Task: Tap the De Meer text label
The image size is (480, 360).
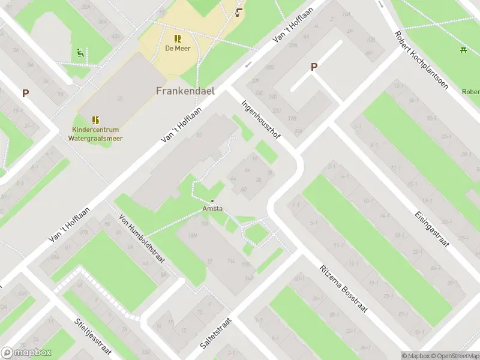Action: coord(178,49)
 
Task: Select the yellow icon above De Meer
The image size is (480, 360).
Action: coord(178,38)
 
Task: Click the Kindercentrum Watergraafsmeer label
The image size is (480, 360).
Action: coord(95,133)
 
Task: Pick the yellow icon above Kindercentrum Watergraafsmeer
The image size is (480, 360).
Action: coord(95,120)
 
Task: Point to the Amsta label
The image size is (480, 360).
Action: coord(212,208)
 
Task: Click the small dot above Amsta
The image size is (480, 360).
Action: coord(212,201)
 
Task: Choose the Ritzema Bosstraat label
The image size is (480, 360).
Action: coord(340,281)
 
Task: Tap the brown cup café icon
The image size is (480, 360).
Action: coord(239,12)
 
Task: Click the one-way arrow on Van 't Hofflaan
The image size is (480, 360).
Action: coord(248,65)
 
